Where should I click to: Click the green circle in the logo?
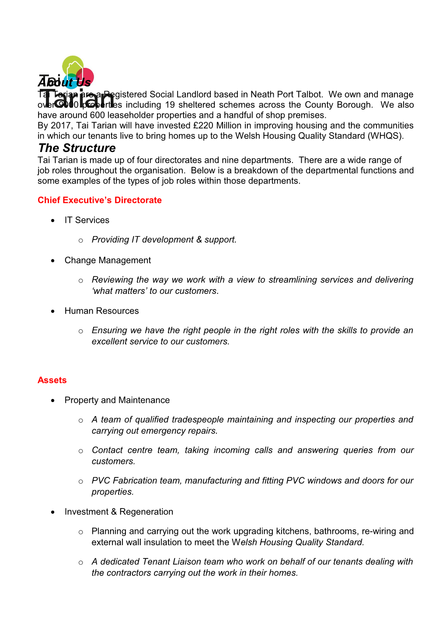pos(73,65)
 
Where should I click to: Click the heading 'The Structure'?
pos(77,148)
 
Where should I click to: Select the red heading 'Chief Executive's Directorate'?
pos(100,200)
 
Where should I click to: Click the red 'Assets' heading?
pos(52,380)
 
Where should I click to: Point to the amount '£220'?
pos(203,126)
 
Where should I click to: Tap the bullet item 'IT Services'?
pos(87,220)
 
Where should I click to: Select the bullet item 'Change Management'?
pos(108,261)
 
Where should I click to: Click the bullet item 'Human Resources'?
pos(101,311)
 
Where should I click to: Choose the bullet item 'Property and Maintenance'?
pos(117,400)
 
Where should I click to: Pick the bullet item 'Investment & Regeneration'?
pos(118,512)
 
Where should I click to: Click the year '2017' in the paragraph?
pos(61,126)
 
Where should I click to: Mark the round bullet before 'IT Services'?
pos(53,220)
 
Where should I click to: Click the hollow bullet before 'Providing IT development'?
pos(81,240)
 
